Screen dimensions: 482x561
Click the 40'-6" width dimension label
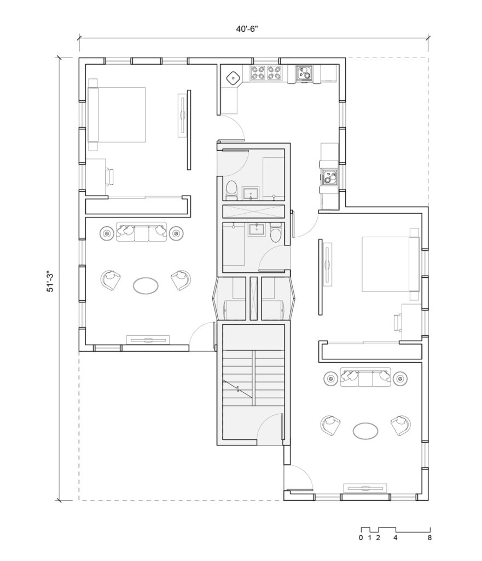click(x=247, y=29)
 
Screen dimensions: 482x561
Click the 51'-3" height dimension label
click(x=50, y=282)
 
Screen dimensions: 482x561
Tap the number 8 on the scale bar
click(x=429, y=537)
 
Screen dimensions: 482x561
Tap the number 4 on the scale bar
click(x=395, y=537)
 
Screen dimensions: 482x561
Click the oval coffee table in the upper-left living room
click(x=146, y=285)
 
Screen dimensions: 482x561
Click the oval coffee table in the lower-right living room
click(x=365, y=431)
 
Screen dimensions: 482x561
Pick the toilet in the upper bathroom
click(x=231, y=190)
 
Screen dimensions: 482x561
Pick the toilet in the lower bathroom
click(x=276, y=232)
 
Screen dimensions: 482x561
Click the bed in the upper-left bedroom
click(x=117, y=115)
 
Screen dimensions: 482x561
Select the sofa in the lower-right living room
click(x=365, y=377)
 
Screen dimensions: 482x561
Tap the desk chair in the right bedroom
click(x=398, y=322)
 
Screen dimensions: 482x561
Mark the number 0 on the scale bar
click(x=361, y=537)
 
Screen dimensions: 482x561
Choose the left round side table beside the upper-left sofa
click(x=107, y=233)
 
